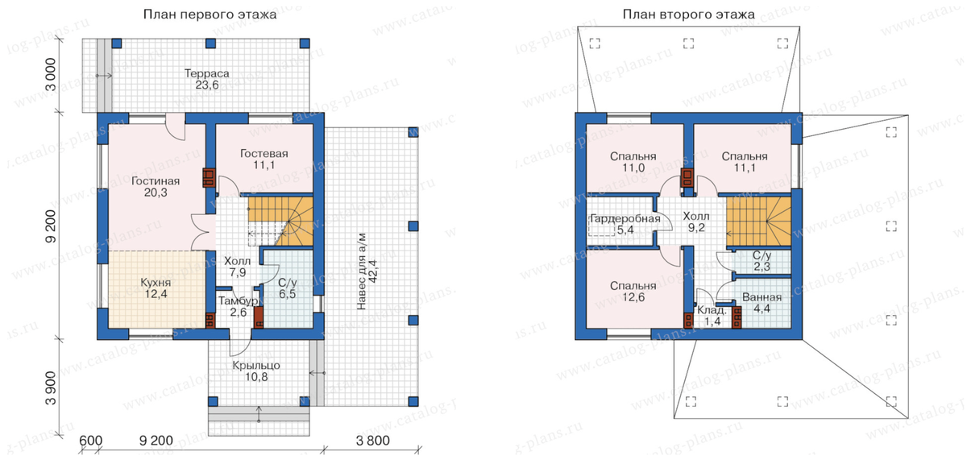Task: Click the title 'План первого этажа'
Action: pyautogui.click(x=210, y=14)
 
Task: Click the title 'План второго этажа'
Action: pyautogui.click(x=688, y=14)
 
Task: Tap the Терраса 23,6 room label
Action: pyautogui.click(x=207, y=80)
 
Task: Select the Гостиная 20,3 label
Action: pyautogui.click(x=156, y=187)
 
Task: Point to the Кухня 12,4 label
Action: pyautogui.click(x=156, y=288)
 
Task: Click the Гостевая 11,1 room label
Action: pyautogui.click(x=264, y=159)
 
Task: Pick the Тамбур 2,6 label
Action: pyautogui.click(x=239, y=306)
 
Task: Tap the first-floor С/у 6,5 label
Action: pyautogui.click(x=288, y=288)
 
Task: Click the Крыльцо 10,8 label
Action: pyautogui.click(x=256, y=371)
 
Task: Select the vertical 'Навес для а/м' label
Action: pyautogui.click(x=362, y=271)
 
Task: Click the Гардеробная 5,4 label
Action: pyautogui.click(x=625, y=224)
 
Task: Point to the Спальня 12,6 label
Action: pyautogui.click(x=633, y=292)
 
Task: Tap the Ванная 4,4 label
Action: pyautogui.click(x=762, y=303)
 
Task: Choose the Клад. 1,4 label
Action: pyautogui.click(x=712, y=316)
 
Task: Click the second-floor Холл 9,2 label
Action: pyautogui.click(x=696, y=222)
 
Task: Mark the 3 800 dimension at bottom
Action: pyautogui.click(x=372, y=441)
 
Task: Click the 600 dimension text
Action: pyautogui.click(x=91, y=441)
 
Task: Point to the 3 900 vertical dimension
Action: pyautogui.click(x=51, y=388)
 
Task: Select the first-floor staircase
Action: pyautogui.click(x=280, y=222)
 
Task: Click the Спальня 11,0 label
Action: pyautogui.click(x=633, y=162)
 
